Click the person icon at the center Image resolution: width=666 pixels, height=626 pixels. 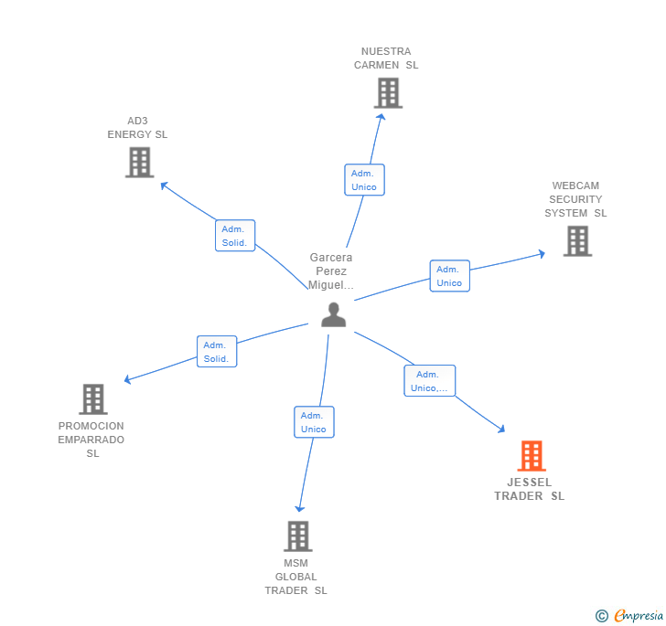pyautogui.click(x=334, y=314)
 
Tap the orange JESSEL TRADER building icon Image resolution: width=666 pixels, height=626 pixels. pyautogui.click(x=532, y=455)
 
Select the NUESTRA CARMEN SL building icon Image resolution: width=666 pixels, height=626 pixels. pyautogui.click(x=388, y=92)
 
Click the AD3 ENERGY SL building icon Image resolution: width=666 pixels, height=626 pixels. pyautogui.click(x=139, y=162)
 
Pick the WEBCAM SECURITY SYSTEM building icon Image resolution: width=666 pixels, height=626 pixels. pyautogui.click(x=577, y=240)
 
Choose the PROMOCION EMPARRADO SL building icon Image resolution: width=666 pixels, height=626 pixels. pyautogui.click(x=92, y=399)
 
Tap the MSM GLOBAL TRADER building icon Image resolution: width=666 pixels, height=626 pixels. pyautogui.click(x=297, y=536)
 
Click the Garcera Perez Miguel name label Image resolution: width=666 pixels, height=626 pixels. pyautogui.click(x=331, y=271)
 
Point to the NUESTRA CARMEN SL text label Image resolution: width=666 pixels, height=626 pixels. pyautogui.click(x=386, y=58)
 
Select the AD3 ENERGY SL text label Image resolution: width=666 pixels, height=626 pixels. pyautogui.click(x=137, y=128)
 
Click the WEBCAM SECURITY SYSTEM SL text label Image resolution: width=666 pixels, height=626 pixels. pyautogui.click(x=575, y=199)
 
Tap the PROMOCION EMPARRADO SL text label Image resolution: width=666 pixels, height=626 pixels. pyautogui.click(x=91, y=440)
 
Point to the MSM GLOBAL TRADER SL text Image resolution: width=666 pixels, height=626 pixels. pyautogui.click(x=295, y=577)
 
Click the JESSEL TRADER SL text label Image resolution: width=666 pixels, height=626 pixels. pyautogui.click(x=530, y=489)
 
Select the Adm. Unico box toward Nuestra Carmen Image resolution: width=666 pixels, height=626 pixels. pyautogui.click(x=364, y=180)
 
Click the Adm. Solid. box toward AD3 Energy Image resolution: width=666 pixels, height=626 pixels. pyautogui.click(x=235, y=236)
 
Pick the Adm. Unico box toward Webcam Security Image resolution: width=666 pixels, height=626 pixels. pyautogui.click(x=449, y=276)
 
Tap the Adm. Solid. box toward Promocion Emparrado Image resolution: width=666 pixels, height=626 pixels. pyautogui.click(x=217, y=352)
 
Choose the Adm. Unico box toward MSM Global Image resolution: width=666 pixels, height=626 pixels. pyautogui.click(x=314, y=422)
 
